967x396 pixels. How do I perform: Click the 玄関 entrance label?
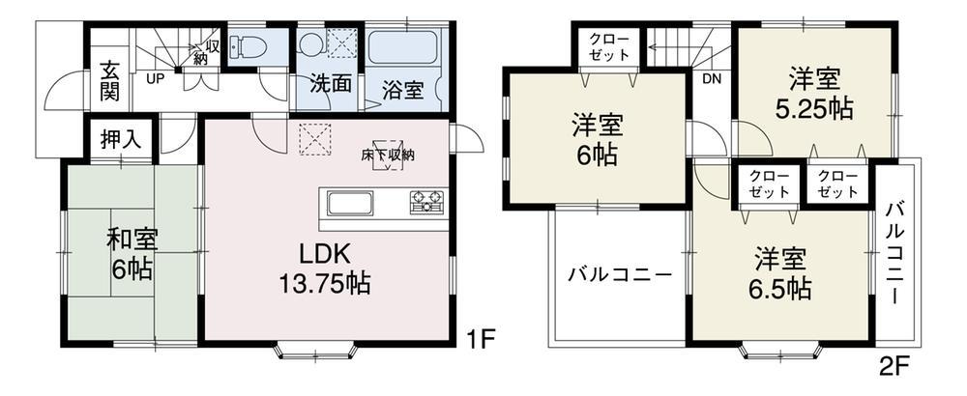(108, 84)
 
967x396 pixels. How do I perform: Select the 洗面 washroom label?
(330, 84)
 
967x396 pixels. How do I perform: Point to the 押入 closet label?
(121, 138)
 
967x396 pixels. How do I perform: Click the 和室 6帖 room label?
(132, 253)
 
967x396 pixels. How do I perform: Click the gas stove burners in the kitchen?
(426, 203)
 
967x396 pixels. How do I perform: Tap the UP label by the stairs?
(154, 79)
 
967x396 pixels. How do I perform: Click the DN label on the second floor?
(712, 80)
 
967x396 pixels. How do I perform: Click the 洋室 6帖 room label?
(596, 140)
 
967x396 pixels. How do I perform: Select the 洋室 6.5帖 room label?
(782, 274)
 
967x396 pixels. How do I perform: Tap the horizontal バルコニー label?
(620, 274)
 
